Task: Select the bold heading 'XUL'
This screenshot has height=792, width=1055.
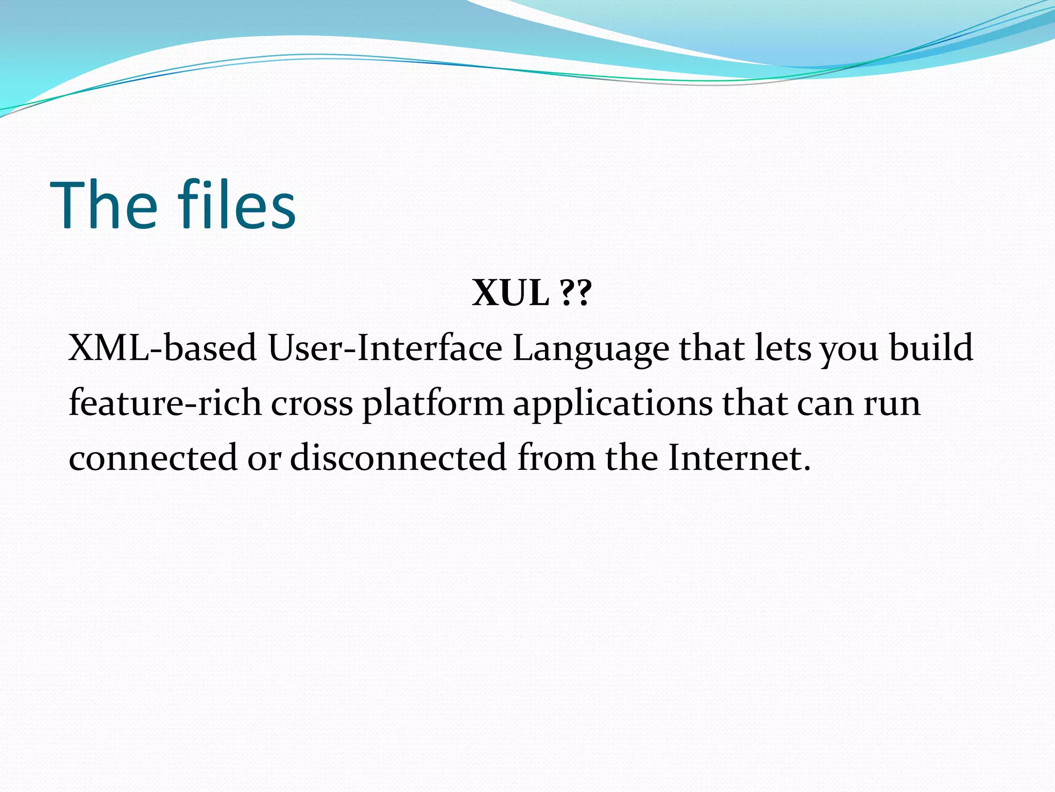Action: tap(510, 293)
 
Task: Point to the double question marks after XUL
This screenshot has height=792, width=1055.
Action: tap(575, 293)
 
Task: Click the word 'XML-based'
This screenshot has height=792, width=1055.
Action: tap(162, 348)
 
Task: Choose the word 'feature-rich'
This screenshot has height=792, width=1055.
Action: tap(165, 403)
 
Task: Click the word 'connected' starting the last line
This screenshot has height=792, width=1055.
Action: tap(153, 458)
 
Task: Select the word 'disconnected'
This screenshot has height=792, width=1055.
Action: tap(398, 458)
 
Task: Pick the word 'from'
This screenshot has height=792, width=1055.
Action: tap(556, 458)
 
